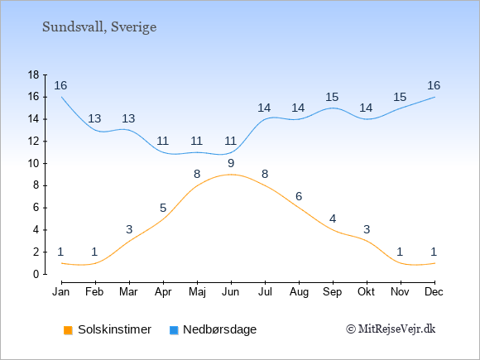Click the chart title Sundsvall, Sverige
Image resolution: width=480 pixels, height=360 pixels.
pyautogui.click(x=99, y=27)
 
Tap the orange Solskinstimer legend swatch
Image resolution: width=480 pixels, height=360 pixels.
pyautogui.click(x=68, y=330)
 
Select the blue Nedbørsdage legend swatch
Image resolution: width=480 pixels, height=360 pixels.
pyautogui.click(x=174, y=330)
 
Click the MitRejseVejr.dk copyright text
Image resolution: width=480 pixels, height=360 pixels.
pyautogui.click(x=391, y=329)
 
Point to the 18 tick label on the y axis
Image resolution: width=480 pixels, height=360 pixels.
pyautogui.click(x=33, y=74)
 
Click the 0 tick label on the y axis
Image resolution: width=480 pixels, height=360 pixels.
pyautogui.click(x=36, y=274)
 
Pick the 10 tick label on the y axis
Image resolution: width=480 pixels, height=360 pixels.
pyautogui.click(x=33, y=164)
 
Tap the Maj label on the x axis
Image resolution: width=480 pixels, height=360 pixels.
pyautogui.click(x=197, y=292)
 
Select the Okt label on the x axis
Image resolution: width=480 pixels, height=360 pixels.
pyautogui.click(x=366, y=292)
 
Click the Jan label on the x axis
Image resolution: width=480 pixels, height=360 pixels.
pyautogui.click(x=61, y=292)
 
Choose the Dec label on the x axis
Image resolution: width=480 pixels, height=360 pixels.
pyautogui.click(x=434, y=292)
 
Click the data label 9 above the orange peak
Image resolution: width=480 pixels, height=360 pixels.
pyautogui.click(x=231, y=164)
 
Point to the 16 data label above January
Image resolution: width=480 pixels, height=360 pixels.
pyautogui.click(x=60, y=86)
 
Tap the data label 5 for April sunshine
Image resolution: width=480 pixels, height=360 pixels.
pyautogui.click(x=163, y=209)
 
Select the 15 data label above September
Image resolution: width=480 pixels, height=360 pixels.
pyautogui.click(x=332, y=98)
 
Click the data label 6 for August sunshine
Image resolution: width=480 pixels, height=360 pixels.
pyautogui.click(x=299, y=196)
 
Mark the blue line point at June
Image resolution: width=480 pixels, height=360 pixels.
pyautogui.click(x=231, y=152)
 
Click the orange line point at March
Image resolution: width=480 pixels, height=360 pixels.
pyautogui.click(x=129, y=241)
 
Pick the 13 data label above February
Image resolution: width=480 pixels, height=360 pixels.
pyautogui.click(x=94, y=118)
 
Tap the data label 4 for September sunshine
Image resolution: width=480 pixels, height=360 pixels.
pyautogui.click(x=333, y=218)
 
